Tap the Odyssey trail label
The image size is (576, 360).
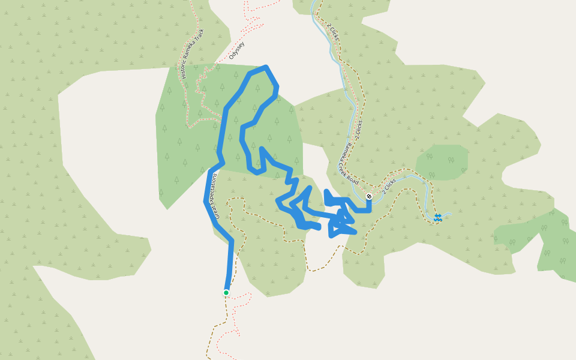click(237, 51)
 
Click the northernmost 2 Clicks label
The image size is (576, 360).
click(334, 32)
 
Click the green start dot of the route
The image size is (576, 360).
click(226, 293)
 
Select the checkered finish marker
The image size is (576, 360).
click(369, 196)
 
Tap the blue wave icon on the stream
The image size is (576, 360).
click(439, 217)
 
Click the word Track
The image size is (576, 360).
click(200, 35)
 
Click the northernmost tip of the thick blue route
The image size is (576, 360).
click(265, 67)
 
